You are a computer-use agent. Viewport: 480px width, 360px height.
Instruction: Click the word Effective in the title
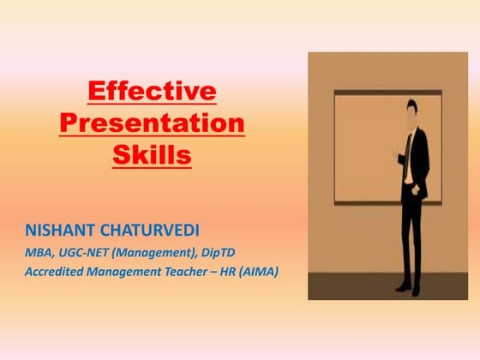[152, 92]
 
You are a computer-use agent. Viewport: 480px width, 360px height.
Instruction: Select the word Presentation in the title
[152, 124]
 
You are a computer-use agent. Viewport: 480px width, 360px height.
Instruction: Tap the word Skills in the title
[152, 157]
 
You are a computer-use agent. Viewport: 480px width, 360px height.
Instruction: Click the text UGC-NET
[85, 253]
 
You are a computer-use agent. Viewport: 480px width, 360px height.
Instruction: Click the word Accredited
[55, 273]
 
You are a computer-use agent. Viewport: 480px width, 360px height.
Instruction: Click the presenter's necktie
[411, 150]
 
